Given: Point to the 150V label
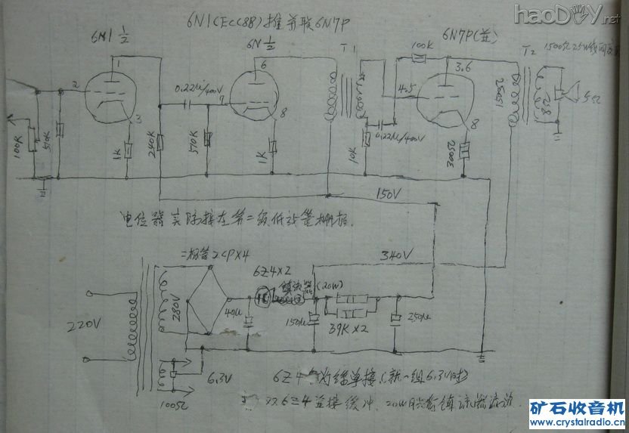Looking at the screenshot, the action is point(394,196).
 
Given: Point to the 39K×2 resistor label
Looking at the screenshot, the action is point(350,330).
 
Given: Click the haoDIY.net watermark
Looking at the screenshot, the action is point(566,14).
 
